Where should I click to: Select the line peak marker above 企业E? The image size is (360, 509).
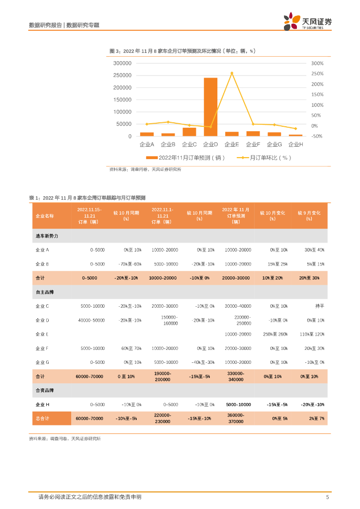pos(232,73)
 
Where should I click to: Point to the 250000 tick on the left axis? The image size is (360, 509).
pos(122,76)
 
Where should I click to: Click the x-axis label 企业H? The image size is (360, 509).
pos(295,144)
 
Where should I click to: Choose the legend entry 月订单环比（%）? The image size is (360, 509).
pos(264,158)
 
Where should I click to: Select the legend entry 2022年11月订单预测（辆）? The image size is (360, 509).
pos(185,158)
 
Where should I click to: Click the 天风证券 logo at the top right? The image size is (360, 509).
pos(308,22)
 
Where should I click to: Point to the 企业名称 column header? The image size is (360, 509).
pos(45,216)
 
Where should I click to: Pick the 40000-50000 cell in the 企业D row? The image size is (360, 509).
pos(91,320)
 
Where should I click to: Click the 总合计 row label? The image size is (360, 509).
pos(43,419)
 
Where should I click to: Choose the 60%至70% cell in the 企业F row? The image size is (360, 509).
pos(131,348)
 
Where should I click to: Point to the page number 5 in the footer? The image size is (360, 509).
pos(327,497)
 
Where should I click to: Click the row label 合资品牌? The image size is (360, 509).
pos(45,391)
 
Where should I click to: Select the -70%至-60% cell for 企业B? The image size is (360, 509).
pos(130,264)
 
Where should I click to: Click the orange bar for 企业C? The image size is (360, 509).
pos(189,132)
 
